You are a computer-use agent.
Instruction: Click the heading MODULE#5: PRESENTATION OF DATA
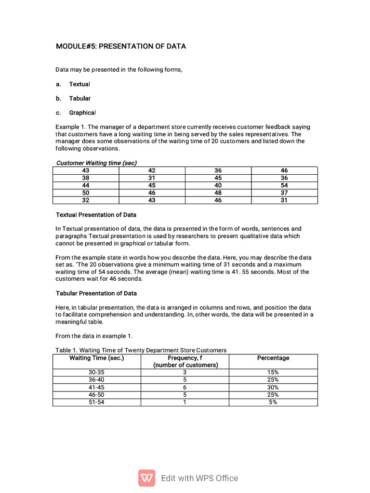pyautogui.click(x=121, y=47)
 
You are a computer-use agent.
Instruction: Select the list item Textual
pyautogui.click(x=79, y=84)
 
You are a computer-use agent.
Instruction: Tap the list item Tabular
pyautogui.click(x=79, y=98)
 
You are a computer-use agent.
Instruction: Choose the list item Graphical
pyautogui.click(x=82, y=113)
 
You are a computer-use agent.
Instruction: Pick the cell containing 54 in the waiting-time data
pyautogui.click(x=284, y=185)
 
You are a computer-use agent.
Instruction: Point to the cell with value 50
pyautogui.click(x=86, y=193)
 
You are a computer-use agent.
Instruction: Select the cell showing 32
pyautogui.click(x=86, y=200)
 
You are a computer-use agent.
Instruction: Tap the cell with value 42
pyautogui.click(x=152, y=170)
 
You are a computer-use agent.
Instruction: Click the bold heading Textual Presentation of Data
pyautogui.click(x=96, y=215)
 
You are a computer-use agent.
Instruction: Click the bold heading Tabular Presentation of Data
pyautogui.click(x=96, y=293)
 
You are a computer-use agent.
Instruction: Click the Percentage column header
pyautogui.click(x=273, y=358)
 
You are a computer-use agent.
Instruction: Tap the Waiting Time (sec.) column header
pyautogui.click(x=97, y=358)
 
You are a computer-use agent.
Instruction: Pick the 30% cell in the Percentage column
pyautogui.click(x=273, y=387)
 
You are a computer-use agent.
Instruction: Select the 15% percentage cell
pyautogui.click(x=273, y=373)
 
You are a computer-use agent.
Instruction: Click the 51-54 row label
pyautogui.click(x=96, y=402)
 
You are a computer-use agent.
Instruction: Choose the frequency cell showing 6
pyautogui.click(x=185, y=387)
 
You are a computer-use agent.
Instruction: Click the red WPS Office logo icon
pyautogui.click(x=147, y=478)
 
